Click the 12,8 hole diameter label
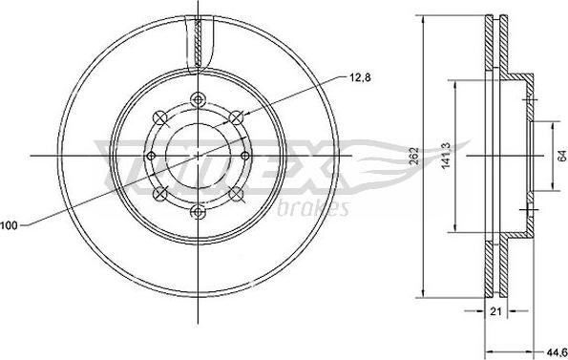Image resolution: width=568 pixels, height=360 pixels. [360, 77]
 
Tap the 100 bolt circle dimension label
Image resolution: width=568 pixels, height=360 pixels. [9, 225]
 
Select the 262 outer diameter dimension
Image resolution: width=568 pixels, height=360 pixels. [413, 156]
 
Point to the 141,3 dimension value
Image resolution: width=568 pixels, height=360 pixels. [446, 155]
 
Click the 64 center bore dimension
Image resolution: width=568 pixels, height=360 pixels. [561, 156]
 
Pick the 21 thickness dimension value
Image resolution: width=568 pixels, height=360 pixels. [495, 311]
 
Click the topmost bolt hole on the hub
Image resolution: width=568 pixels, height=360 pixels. [199, 99]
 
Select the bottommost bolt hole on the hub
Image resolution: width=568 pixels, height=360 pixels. [199, 212]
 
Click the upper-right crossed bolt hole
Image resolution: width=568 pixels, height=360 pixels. [236, 117]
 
